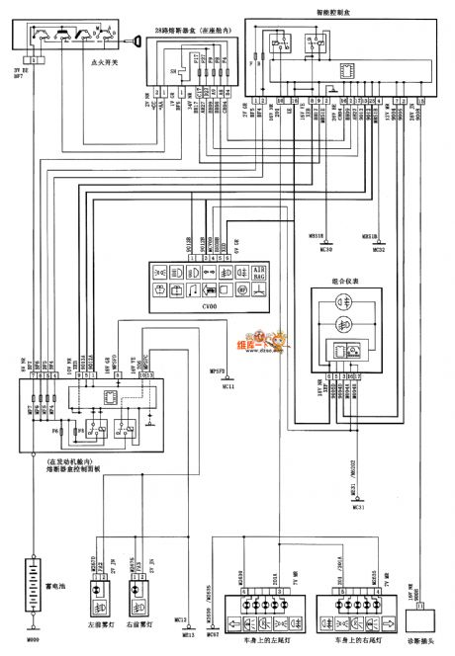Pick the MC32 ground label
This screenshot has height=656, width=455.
point(378,250)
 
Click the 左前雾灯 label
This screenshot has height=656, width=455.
point(96,622)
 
